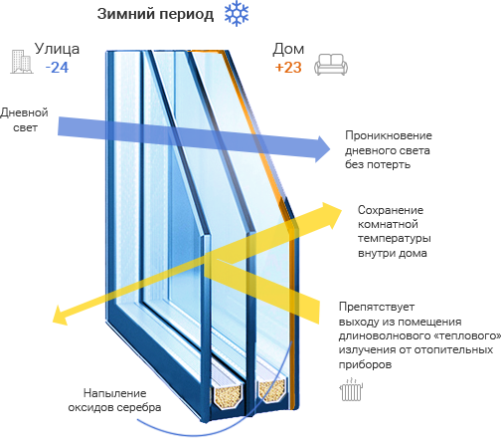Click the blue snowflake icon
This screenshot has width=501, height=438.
pyautogui.click(x=237, y=14)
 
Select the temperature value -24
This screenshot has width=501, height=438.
pyautogui.click(x=57, y=68)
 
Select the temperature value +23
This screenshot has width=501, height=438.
pyautogui.click(x=288, y=68)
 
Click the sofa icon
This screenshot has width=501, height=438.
pyautogui.click(x=331, y=65)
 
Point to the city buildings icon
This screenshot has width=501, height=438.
pyautogui.click(x=22, y=62)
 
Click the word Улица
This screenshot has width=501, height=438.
pyautogui.click(x=57, y=49)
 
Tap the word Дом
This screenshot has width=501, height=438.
pyautogui.click(x=288, y=49)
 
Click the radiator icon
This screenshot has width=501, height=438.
pyautogui.click(x=351, y=389)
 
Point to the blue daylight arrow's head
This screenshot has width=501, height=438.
pyautogui.click(x=322, y=149)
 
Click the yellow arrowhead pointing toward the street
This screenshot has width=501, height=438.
pyautogui.click(x=61, y=315)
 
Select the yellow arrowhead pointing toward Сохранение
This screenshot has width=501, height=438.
pyautogui.click(x=332, y=215)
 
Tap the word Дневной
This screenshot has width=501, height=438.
pyautogui.click(x=24, y=112)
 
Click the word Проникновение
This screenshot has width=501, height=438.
pyautogui.click(x=389, y=135)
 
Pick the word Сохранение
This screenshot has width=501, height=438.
pyautogui.click(x=391, y=210)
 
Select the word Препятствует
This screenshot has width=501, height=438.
pyautogui.click(x=377, y=307)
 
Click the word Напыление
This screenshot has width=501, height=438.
pyautogui.click(x=115, y=393)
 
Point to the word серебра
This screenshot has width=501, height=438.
pyautogui.click(x=139, y=407)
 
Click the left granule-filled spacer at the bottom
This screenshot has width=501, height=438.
pyautogui.click(x=228, y=394)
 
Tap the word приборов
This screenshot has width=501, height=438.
pyautogui.click(x=365, y=364)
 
